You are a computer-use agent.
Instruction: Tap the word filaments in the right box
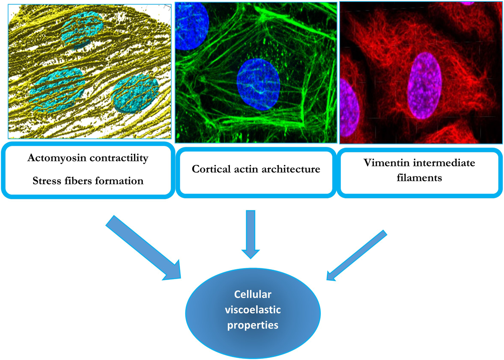pyautogui.click(x=419, y=178)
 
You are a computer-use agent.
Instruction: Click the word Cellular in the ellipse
pyautogui.click(x=253, y=294)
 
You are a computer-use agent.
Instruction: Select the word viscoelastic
pyautogui.click(x=253, y=310)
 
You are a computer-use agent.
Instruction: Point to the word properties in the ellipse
pyautogui.click(x=253, y=325)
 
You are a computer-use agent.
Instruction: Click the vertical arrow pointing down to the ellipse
pyautogui.click(x=250, y=233)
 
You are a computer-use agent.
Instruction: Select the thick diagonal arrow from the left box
pyautogui.click(x=143, y=248)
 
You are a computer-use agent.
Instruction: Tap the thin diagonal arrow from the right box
pyautogui.click(x=357, y=255)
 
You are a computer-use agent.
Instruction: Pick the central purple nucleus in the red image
pyautogui.click(x=424, y=85)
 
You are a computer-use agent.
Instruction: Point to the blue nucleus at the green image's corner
pyautogui.click(x=192, y=25)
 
